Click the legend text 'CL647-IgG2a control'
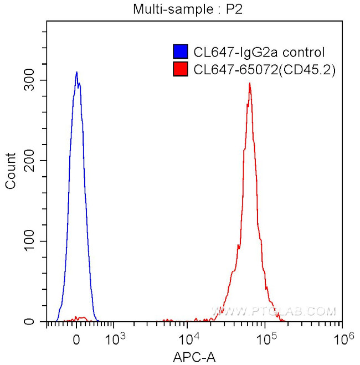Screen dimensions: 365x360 coord(259,53)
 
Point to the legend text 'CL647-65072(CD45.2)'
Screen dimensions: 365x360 coord(265,70)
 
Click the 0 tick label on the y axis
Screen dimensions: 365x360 coord(36,322)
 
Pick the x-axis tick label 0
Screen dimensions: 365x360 coord(76,338)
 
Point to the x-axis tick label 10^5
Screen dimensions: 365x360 coord(265,337)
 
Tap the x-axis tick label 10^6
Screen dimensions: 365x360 coord(341,337)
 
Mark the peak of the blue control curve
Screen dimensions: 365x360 coord(76,72)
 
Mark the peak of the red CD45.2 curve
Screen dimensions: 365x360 coord(250,84)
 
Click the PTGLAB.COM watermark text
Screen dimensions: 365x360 coord(274,312)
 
